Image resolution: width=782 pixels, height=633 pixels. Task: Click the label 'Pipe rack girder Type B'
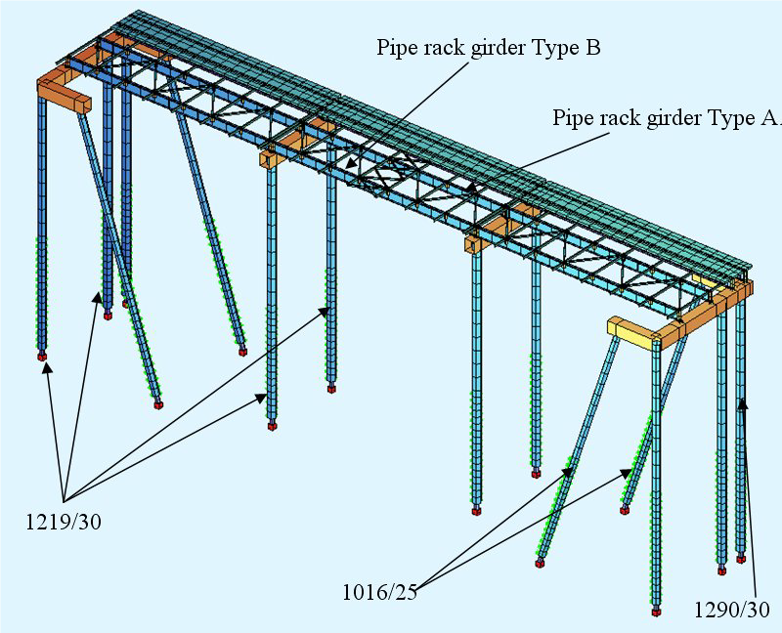coord(489,48)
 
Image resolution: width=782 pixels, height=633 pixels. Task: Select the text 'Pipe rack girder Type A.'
coord(667,118)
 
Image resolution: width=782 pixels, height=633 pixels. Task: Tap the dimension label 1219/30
coord(64,523)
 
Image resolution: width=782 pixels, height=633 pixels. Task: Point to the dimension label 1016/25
coord(378,591)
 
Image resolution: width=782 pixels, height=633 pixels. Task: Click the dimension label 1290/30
coord(732,610)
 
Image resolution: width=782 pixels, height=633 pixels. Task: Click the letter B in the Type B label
coord(592,48)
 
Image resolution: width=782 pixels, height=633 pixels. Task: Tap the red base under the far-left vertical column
coord(42,357)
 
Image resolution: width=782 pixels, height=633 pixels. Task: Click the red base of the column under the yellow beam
coord(656,612)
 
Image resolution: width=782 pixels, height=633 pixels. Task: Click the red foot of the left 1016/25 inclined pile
coord(540,563)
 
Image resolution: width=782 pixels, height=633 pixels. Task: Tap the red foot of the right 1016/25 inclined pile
coord(625,508)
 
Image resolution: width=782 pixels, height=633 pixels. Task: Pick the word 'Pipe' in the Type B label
coord(395,48)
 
